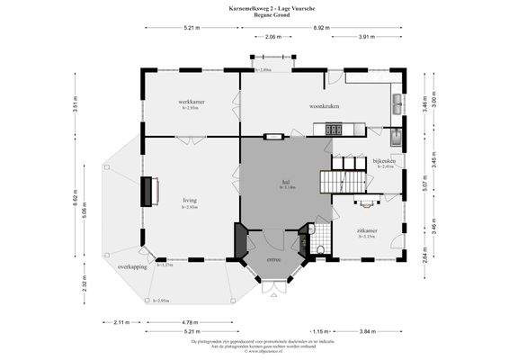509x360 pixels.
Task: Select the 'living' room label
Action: pos(190,201)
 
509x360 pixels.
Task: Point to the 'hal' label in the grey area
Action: pos(285,182)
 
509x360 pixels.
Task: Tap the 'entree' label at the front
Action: pos(274,260)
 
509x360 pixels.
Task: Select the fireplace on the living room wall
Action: pos(147,191)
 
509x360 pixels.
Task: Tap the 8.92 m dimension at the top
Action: pos(320,28)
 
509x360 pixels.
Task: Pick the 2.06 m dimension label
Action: pos(273,37)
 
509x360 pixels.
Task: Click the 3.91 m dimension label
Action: pos(367,37)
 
